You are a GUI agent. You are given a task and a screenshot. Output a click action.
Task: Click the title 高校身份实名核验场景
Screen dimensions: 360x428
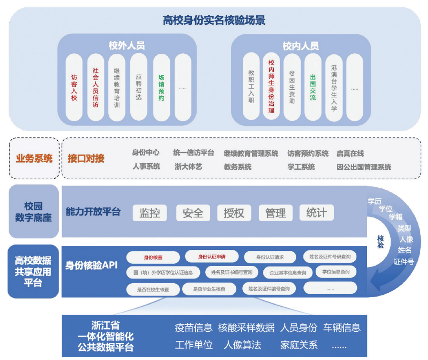point(214,20)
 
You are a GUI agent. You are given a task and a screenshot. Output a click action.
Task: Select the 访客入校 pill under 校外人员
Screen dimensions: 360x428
point(74,87)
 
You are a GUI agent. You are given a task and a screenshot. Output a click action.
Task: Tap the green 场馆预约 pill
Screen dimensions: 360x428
point(161,87)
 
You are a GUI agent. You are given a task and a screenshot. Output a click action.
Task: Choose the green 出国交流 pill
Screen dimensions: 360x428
point(313,87)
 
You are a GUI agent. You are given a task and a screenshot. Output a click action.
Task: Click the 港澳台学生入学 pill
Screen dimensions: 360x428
point(334,88)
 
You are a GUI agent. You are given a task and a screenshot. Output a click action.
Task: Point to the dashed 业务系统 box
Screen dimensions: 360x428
point(34,158)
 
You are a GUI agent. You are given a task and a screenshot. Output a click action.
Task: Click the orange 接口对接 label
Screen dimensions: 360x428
point(86,158)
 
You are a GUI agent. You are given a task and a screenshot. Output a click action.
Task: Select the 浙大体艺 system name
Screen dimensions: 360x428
point(188,167)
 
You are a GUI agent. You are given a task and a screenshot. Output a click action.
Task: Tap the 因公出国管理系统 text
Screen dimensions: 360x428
point(364,167)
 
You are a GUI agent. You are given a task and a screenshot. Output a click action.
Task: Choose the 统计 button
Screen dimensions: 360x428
point(316,212)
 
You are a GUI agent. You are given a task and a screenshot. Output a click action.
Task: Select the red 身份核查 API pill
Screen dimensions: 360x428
point(153,257)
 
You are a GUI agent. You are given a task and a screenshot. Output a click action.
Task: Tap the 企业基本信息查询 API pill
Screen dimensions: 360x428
point(288,273)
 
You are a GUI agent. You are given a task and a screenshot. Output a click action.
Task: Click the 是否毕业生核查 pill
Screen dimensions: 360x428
point(209,289)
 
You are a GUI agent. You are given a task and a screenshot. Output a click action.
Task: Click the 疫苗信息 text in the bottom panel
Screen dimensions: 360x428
point(193,328)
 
